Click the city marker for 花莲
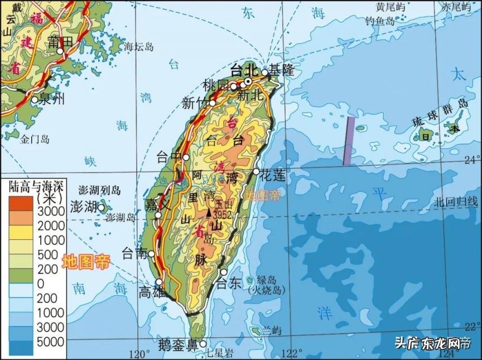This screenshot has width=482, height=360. coord(257,171)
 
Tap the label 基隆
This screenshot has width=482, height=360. coord(281,70)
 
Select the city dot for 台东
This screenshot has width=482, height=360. coord(224,272)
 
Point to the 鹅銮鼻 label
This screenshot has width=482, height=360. coord(177,344)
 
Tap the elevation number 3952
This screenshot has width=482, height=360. coord(221,215)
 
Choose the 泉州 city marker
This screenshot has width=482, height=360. coord(35,100)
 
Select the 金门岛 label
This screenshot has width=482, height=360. coord(35,139)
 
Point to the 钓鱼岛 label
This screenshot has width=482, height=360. coord(380,21)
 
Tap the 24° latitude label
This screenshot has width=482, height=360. coord(471,160)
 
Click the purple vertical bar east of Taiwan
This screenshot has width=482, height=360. coord(349,141)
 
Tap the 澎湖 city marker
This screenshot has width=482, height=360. coord(102,208)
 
